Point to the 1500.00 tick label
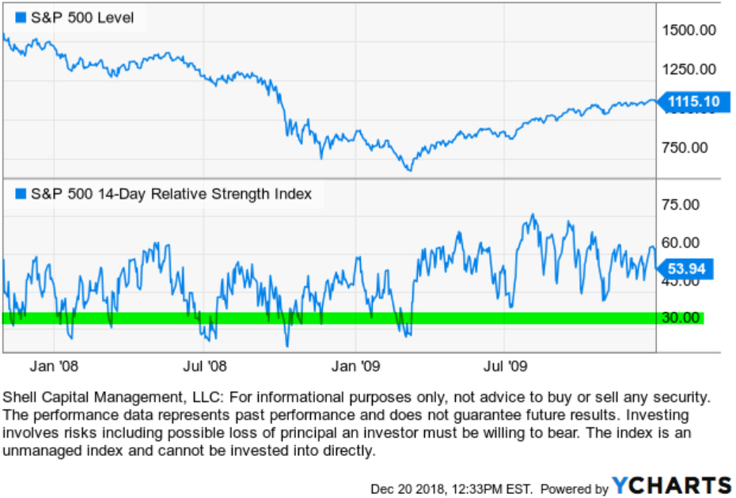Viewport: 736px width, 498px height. (x=689, y=30)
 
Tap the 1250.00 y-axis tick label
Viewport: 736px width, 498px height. (x=689, y=69)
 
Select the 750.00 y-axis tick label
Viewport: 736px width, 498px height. (x=689, y=147)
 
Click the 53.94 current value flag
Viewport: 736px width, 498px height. (x=686, y=268)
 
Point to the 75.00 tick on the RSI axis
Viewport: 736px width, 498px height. (x=681, y=204)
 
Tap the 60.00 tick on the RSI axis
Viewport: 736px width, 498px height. (x=681, y=242)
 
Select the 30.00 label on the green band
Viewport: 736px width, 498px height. (x=681, y=317)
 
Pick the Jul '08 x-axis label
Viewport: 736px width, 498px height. (x=204, y=367)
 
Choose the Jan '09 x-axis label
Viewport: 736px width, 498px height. (x=355, y=367)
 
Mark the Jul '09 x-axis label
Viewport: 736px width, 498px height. (x=504, y=367)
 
